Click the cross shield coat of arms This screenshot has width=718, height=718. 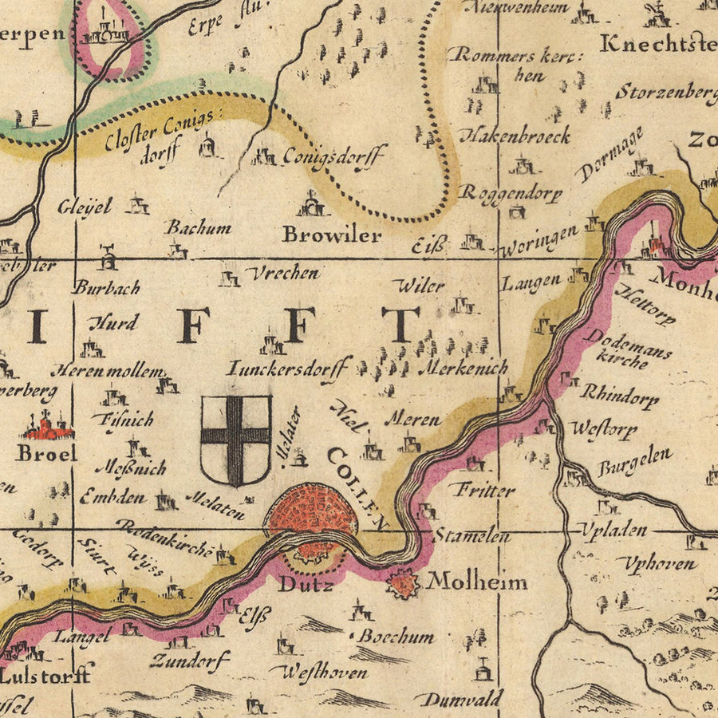235,440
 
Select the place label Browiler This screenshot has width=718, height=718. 332,236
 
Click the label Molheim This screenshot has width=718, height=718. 477,582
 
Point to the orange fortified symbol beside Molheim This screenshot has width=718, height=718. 404,586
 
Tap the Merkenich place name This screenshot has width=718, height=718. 463,369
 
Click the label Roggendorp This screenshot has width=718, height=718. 511,194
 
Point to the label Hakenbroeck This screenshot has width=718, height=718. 519,136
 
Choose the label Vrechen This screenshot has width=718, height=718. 282,273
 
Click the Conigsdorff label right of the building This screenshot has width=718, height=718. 334,155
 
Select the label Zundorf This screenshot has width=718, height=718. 190,660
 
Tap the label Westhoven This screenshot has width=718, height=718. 322,672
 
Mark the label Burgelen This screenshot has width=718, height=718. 634,462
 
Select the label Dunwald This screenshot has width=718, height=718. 462,700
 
